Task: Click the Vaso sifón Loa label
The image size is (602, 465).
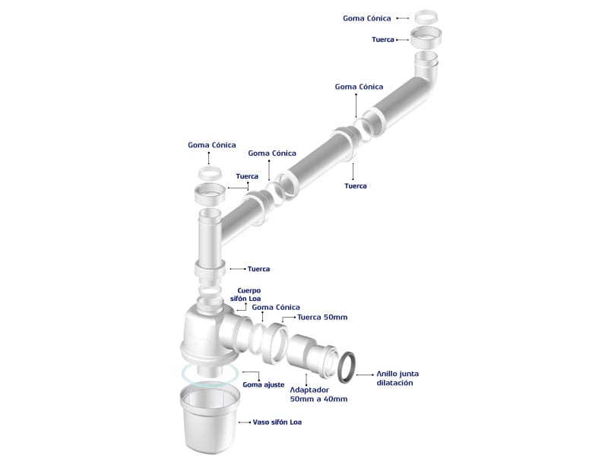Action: (277, 422)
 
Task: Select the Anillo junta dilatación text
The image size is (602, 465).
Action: (397, 378)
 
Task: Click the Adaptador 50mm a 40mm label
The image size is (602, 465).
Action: (318, 394)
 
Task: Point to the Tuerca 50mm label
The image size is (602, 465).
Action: (322, 318)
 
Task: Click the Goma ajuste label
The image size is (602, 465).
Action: (263, 384)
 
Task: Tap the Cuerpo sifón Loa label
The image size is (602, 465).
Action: (246, 295)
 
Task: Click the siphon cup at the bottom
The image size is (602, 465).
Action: (210, 419)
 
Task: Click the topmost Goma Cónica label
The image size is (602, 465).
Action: (366, 18)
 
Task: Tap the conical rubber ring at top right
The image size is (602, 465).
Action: (426, 17)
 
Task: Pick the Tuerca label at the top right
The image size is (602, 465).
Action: (383, 40)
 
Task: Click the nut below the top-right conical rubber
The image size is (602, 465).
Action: (426, 38)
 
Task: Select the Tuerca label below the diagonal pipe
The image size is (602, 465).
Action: (356, 186)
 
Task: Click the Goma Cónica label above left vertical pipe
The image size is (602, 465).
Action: (211, 145)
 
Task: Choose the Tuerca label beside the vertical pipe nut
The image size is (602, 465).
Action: (258, 269)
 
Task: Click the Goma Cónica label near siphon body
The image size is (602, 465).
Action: (276, 307)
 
